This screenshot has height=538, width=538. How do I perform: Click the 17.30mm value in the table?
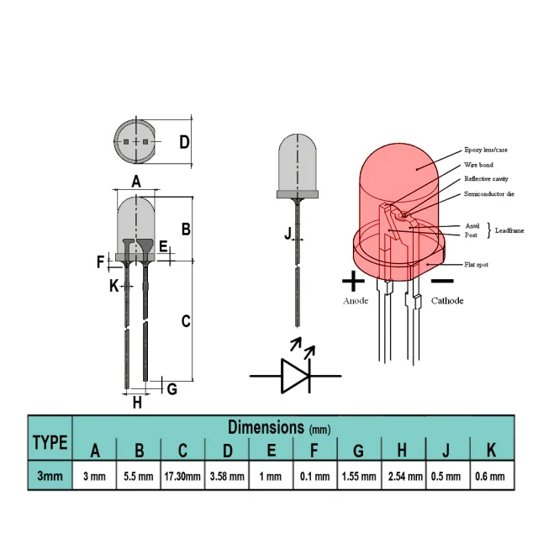point(182,477)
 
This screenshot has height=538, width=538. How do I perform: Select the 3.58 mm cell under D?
point(227,477)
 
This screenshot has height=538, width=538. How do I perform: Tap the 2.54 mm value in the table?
point(405,477)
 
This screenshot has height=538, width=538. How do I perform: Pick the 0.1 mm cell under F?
point(314,477)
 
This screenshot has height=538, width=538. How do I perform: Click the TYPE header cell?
point(50,442)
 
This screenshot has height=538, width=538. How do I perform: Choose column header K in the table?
point(491,451)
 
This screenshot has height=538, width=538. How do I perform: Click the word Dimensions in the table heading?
point(266,427)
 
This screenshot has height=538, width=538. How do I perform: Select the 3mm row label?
point(50,476)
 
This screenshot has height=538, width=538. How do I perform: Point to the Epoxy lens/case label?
point(486,150)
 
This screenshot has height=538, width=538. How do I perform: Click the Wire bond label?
point(478,165)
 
